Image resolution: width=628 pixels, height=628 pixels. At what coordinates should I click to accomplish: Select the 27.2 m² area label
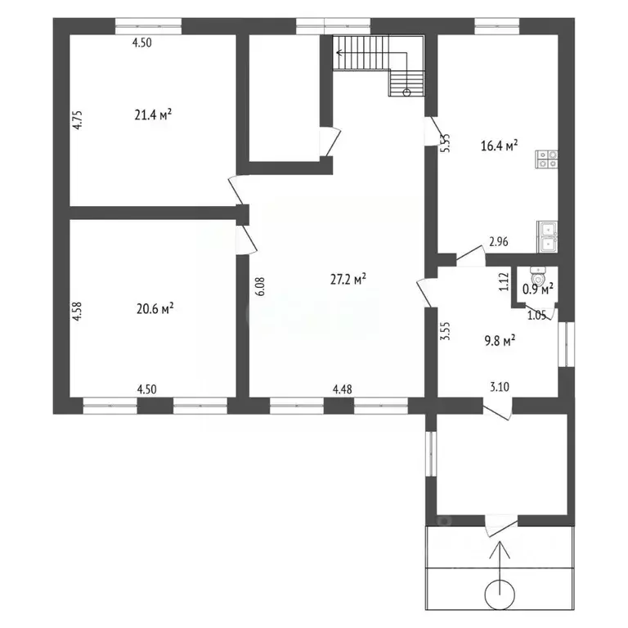pyautogui.click(x=348, y=279)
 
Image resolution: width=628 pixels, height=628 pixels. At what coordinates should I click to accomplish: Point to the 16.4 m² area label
pyautogui.click(x=500, y=146)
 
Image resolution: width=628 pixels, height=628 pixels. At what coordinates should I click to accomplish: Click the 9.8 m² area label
pyautogui.click(x=496, y=343)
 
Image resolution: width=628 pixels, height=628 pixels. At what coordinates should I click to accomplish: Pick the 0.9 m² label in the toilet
pyautogui.click(x=539, y=289)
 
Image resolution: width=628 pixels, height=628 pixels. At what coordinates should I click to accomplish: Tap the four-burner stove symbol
pyautogui.click(x=547, y=159)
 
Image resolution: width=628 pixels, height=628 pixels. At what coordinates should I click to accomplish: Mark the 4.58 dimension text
pyautogui.click(x=78, y=315)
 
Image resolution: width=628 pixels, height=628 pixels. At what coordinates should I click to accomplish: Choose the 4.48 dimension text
pyautogui.click(x=343, y=389)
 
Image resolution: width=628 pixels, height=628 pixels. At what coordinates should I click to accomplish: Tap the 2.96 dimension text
pyautogui.click(x=499, y=242)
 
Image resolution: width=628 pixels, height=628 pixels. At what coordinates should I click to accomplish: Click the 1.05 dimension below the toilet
pyautogui.click(x=536, y=315)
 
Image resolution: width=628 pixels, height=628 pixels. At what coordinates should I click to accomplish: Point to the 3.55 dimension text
pyautogui.click(x=444, y=335)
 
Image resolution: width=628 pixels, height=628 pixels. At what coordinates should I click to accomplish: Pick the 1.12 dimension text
pyautogui.click(x=505, y=283)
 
